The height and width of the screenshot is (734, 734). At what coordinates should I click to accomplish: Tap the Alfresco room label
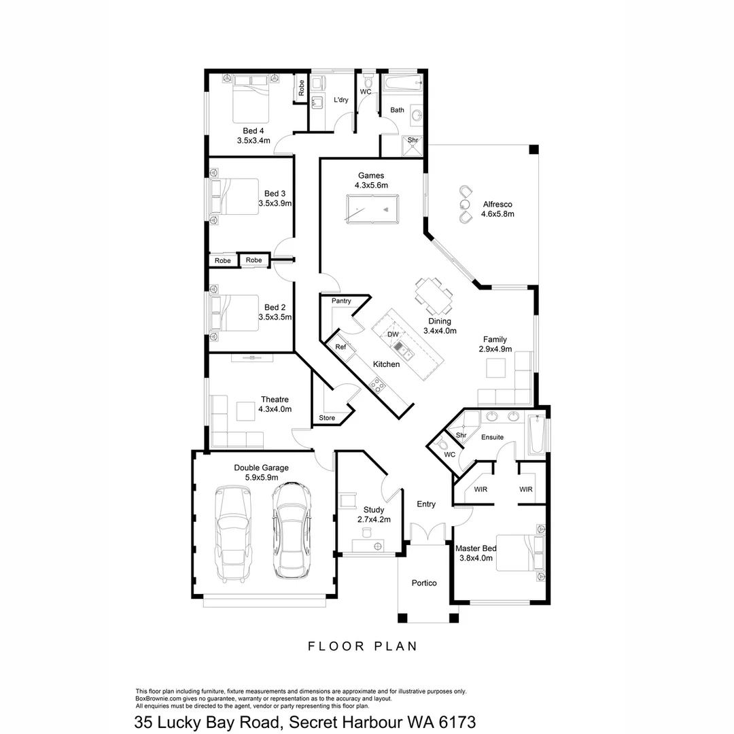click(497, 204)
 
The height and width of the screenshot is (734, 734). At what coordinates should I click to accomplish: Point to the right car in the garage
click(292, 530)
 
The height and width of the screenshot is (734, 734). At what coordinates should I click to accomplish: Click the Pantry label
click(341, 300)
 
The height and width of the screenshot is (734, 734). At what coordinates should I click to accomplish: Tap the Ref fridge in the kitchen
click(341, 347)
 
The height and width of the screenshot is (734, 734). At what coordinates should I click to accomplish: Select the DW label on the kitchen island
click(393, 334)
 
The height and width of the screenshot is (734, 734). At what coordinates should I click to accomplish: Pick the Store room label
click(327, 418)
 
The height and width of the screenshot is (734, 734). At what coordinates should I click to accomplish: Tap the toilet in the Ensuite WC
click(443, 445)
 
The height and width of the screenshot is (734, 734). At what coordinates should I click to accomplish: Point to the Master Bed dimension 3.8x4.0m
click(476, 558)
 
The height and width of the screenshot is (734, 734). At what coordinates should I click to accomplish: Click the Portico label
click(424, 583)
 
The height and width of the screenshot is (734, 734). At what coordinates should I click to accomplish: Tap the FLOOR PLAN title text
click(362, 646)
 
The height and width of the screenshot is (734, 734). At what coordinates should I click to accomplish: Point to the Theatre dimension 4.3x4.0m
click(275, 409)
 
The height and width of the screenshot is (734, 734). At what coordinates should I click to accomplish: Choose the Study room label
click(374, 510)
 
